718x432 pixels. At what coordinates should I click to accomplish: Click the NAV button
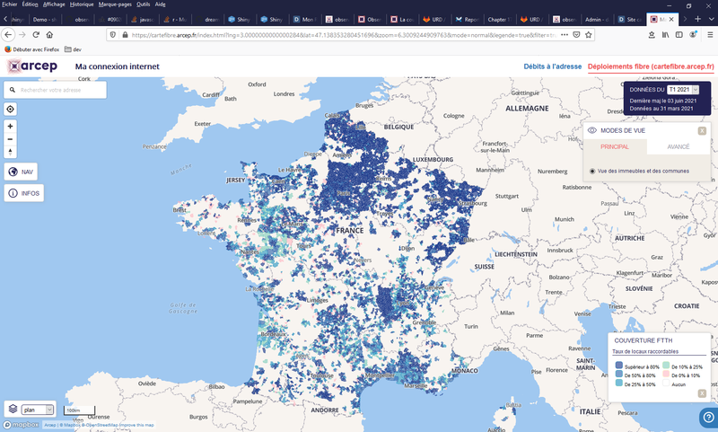22,172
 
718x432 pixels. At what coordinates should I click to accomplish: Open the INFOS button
22,193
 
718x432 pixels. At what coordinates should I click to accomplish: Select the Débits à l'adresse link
552,66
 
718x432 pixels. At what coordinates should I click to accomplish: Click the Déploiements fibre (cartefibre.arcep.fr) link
651,66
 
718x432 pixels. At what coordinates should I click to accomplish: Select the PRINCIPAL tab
615,146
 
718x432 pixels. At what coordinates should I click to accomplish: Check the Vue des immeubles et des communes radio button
592,171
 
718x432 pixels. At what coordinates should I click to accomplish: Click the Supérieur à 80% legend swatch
618,366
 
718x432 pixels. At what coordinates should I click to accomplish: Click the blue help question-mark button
707,417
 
